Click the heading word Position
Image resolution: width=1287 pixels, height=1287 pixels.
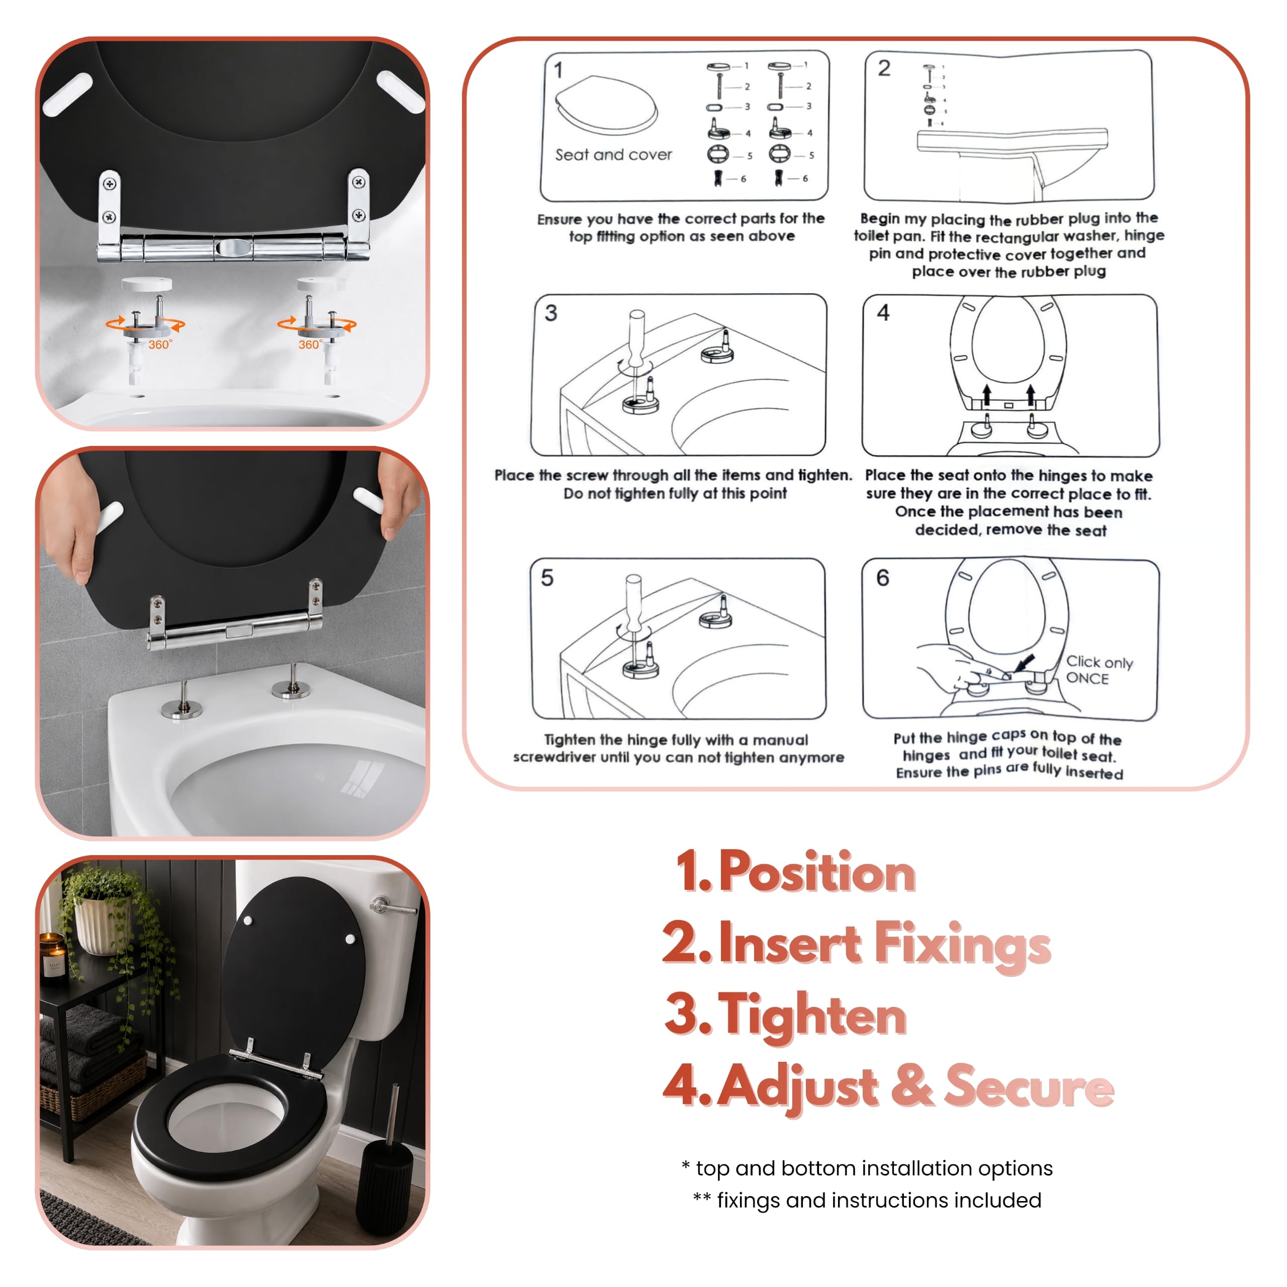pos(817,871)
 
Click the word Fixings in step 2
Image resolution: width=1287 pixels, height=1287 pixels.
pos(962,945)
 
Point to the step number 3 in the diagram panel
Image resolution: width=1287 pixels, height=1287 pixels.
pos(551,313)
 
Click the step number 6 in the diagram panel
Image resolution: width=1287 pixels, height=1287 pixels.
pos(883,578)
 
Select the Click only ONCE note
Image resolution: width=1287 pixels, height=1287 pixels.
pos(1099,670)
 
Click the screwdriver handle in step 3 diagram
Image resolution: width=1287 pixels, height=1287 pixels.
pos(637,337)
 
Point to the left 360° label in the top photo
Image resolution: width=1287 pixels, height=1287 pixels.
pos(160,344)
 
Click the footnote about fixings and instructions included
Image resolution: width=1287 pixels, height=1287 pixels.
pos(867,1200)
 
